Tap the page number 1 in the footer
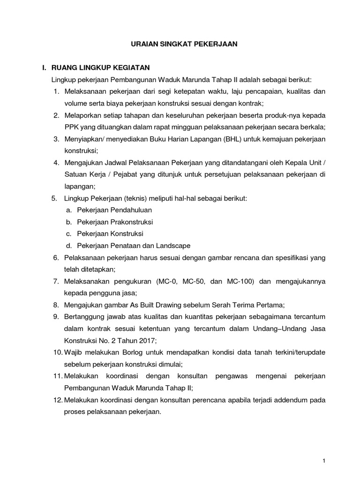click(323, 462)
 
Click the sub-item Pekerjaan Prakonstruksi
click(115, 222)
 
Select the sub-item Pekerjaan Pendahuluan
click(114, 210)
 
